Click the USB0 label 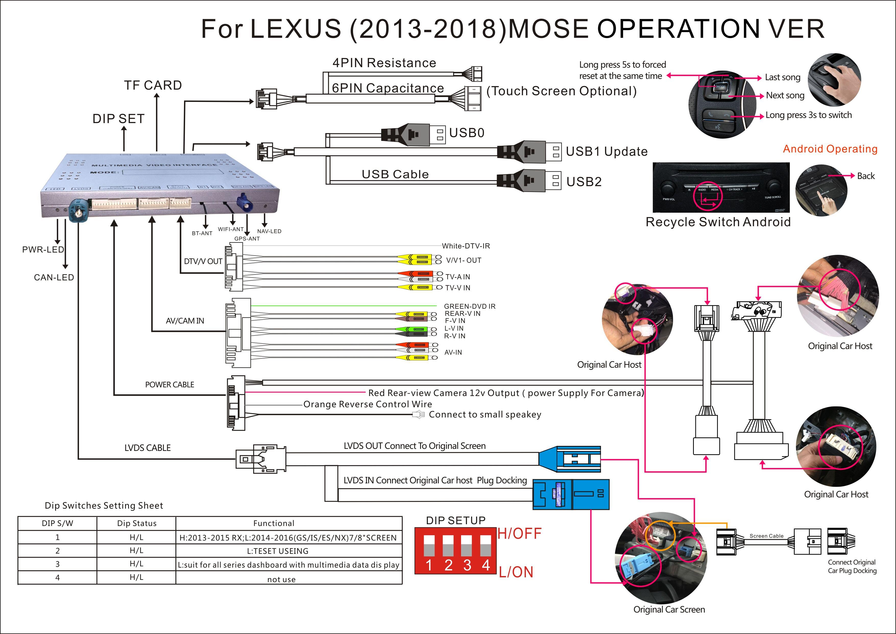coord(467,133)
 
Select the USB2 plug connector coord(529,181)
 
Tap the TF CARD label coord(153,85)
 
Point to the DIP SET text coord(118,119)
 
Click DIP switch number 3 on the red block coord(467,551)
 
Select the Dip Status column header coord(137,523)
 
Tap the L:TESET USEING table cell coord(277,551)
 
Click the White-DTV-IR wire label coord(466,246)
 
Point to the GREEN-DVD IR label coord(469,306)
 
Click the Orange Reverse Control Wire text coord(368,404)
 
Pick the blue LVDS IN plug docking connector coord(571,494)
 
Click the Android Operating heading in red coord(830,149)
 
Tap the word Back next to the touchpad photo coord(866,176)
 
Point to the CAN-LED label coord(54,278)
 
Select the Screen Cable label coord(766,536)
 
